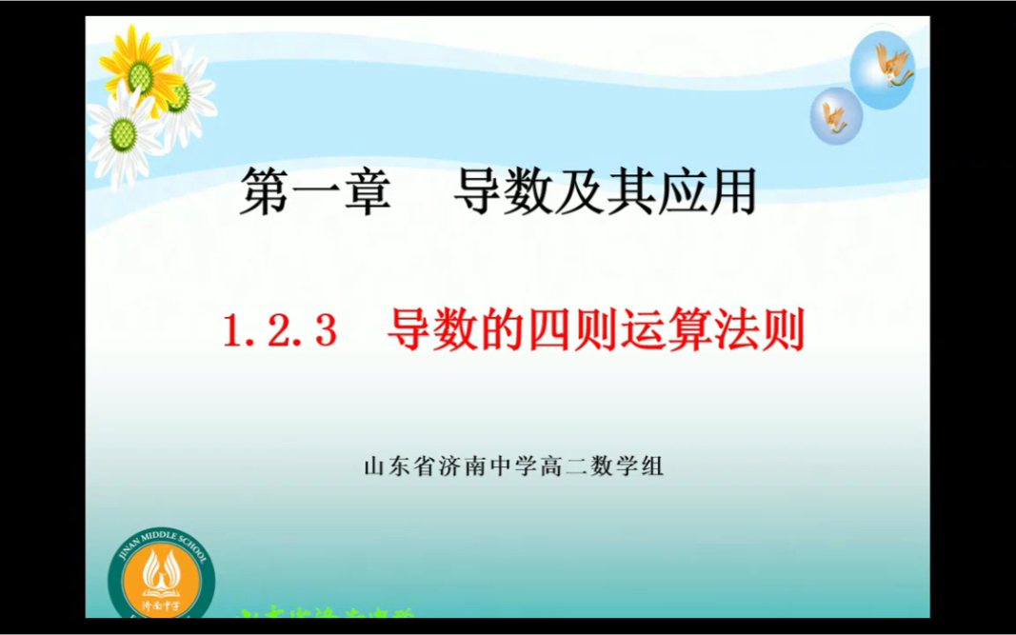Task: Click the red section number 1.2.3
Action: pos(281,331)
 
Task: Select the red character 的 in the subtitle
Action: pos(493,331)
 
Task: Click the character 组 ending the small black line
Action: pos(652,467)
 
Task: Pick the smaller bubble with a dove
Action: pos(836,115)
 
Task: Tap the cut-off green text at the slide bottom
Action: pos(324,616)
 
